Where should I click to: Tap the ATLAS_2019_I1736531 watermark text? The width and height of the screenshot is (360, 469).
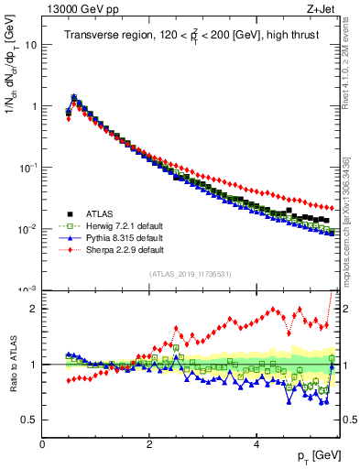(x=191, y=274)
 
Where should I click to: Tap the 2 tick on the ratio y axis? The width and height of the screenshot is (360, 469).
(x=33, y=309)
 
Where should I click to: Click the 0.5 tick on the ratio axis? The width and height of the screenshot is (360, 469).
(x=29, y=420)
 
